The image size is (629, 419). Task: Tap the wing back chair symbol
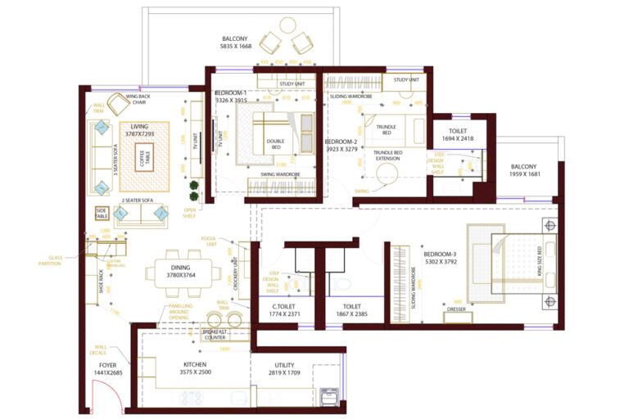pyautogui.click(x=119, y=104)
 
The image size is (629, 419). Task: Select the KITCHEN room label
pyautogui.click(x=195, y=364)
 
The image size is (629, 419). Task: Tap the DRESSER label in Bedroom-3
pyautogui.click(x=456, y=309)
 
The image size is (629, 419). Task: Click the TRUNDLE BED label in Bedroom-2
pyautogui.click(x=386, y=131)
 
